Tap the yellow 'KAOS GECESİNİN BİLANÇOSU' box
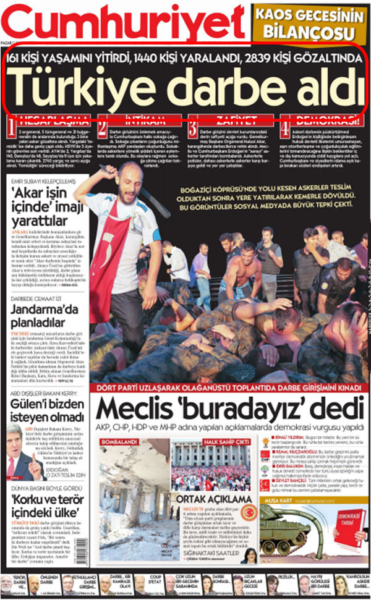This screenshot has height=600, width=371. click(310, 23)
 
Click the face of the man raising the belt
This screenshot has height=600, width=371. click(127, 180)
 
